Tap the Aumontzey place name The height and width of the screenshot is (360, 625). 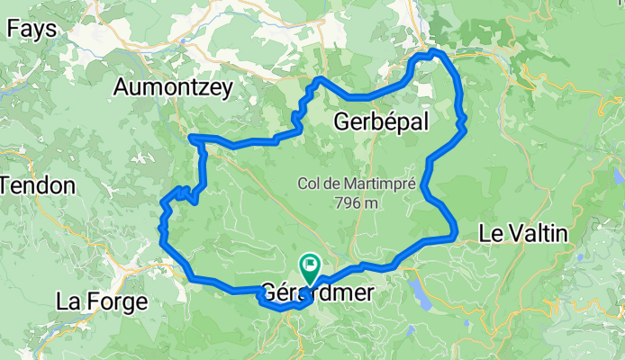[174, 87]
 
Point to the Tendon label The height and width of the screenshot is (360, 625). [38, 185]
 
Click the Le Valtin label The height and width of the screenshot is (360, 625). [522, 234]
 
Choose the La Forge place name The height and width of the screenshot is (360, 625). [101, 301]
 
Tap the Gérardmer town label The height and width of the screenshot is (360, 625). [311, 293]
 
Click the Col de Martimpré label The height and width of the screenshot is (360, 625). [357, 184]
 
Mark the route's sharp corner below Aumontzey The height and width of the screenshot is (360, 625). [192, 137]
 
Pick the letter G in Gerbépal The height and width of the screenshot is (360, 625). [342, 121]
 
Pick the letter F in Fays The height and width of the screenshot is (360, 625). [14, 29]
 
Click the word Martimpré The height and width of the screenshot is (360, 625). [377, 184]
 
